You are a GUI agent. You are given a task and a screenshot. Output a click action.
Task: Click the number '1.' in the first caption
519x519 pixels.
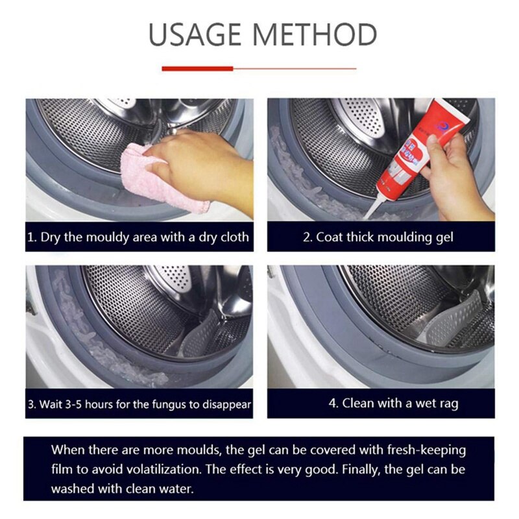tap(32, 237)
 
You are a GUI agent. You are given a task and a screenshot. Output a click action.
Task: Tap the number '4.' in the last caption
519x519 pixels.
tap(333, 403)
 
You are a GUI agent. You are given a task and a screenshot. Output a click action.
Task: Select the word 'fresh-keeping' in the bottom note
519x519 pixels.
tap(426, 449)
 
